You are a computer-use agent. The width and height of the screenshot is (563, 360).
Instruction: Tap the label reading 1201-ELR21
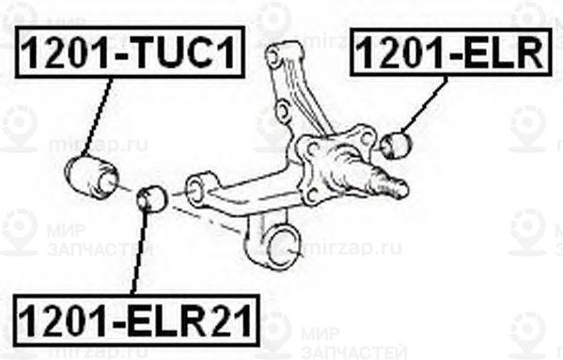[134, 320]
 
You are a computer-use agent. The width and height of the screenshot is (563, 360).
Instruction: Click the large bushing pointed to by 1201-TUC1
[92, 176]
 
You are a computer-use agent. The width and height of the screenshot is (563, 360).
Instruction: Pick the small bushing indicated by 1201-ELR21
[150, 198]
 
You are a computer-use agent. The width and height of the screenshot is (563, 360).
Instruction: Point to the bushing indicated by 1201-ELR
[398, 144]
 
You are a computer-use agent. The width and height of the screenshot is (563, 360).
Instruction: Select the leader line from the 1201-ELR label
[424, 107]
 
